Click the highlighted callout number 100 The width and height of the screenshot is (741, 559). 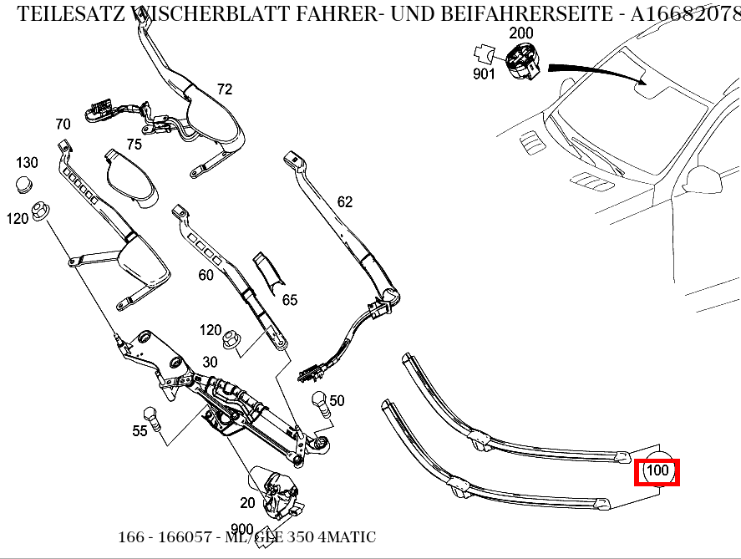tap(658, 471)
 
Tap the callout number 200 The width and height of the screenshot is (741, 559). tap(520, 33)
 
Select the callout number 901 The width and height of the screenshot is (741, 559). tap(484, 74)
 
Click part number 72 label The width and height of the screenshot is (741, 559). tap(224, 89)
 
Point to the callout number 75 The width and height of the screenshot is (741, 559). tap(134, 144)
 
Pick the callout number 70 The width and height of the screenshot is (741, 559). tap(63, 125)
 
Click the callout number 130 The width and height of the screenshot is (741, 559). tap(28, 162)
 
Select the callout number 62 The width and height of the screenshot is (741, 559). tap(345, 201)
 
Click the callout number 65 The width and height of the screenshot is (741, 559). tap(289, 299)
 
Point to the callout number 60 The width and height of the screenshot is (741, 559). tap(206, 275)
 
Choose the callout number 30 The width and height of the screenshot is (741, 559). tap(209, 362)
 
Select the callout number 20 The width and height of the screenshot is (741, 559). tap(247, 503)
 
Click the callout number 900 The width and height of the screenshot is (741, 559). tap(241, 529)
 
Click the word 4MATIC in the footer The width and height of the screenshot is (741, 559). tap(347, 537)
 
